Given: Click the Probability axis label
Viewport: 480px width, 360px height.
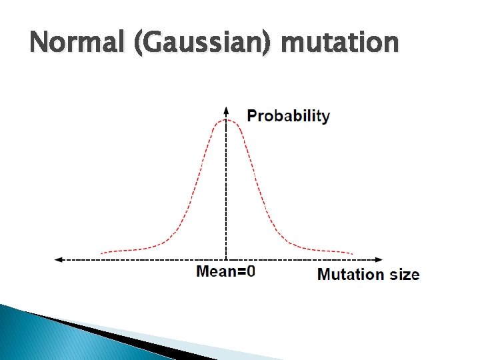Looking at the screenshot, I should pos(288,115).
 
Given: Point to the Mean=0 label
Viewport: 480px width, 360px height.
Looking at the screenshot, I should pos(225,272).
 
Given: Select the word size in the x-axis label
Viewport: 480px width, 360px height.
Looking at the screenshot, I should pos(403,274).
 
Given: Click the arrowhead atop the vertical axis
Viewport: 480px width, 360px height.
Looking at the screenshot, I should pos(227,110).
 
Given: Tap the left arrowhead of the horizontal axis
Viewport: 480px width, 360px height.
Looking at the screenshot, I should pos(58,259).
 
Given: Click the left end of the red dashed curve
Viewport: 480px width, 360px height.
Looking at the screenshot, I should pos(101,253).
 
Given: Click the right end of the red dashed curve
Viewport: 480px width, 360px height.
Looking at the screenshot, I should pos(352,253).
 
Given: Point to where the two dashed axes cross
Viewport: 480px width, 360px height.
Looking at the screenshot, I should pos(227,259).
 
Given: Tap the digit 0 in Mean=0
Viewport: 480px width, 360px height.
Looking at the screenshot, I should pos(251,272).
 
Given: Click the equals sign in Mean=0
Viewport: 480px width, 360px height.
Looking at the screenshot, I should pos(241,272).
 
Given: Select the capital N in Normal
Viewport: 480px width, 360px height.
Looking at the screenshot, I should pos(39,43).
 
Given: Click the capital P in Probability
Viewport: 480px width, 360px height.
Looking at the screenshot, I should pos(252,115).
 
